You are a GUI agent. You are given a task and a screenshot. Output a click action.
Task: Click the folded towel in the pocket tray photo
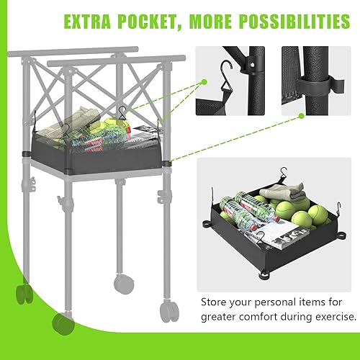(277, 193)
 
